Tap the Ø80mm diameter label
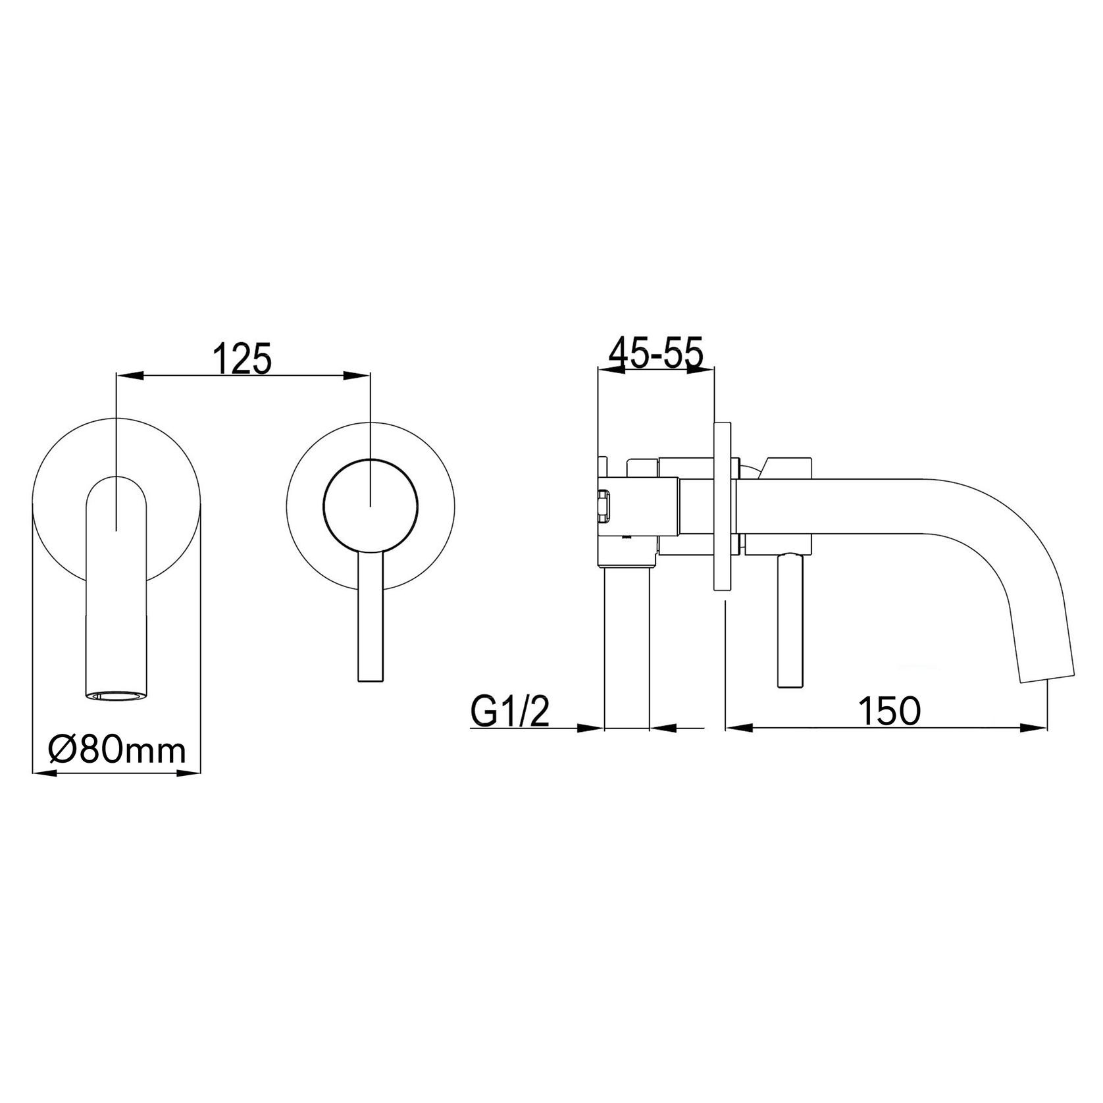pyautogui.click(x=116, y=750)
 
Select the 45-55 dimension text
pyautogui.click(x=655, y=353)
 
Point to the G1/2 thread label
pyautogui.click(x=509, y=711)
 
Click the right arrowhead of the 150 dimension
pyautogui.click(x=1034, y=728)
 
